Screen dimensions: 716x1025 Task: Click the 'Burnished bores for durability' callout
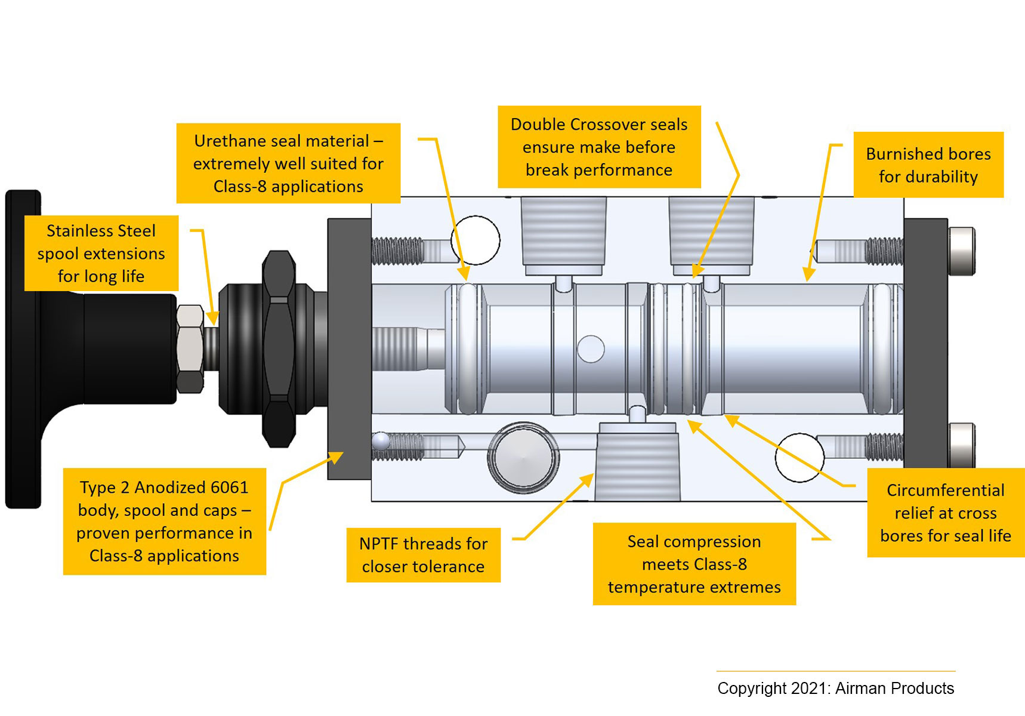click(x=928, y=165)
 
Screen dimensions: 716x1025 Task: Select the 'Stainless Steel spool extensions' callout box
click(x=101, y=253)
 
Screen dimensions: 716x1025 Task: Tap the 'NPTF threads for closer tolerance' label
click(x=423, y=555)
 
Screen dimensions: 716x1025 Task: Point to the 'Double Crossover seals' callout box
click(x=599, y=147)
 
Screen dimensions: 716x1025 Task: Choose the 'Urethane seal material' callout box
click(x=288, y=163)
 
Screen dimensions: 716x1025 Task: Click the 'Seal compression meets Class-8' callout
click(x=694, y=564)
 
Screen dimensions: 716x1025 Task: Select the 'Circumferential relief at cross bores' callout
click(x=945, y=513)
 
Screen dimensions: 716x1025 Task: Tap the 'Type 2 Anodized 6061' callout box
click(x=164, y=521)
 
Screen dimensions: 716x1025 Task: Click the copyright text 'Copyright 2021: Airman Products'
click(x=835, y=688)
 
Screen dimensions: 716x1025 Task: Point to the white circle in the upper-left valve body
click(x=476, y=240)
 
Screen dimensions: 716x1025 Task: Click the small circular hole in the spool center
click(x=591, y=349)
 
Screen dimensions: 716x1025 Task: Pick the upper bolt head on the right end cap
click(x=961, y=251)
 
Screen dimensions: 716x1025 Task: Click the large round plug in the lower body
click(x=523, y=457)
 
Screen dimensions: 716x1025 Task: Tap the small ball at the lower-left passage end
click(x=381, y=442)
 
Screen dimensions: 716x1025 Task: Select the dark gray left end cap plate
click(x=349, y=348)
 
